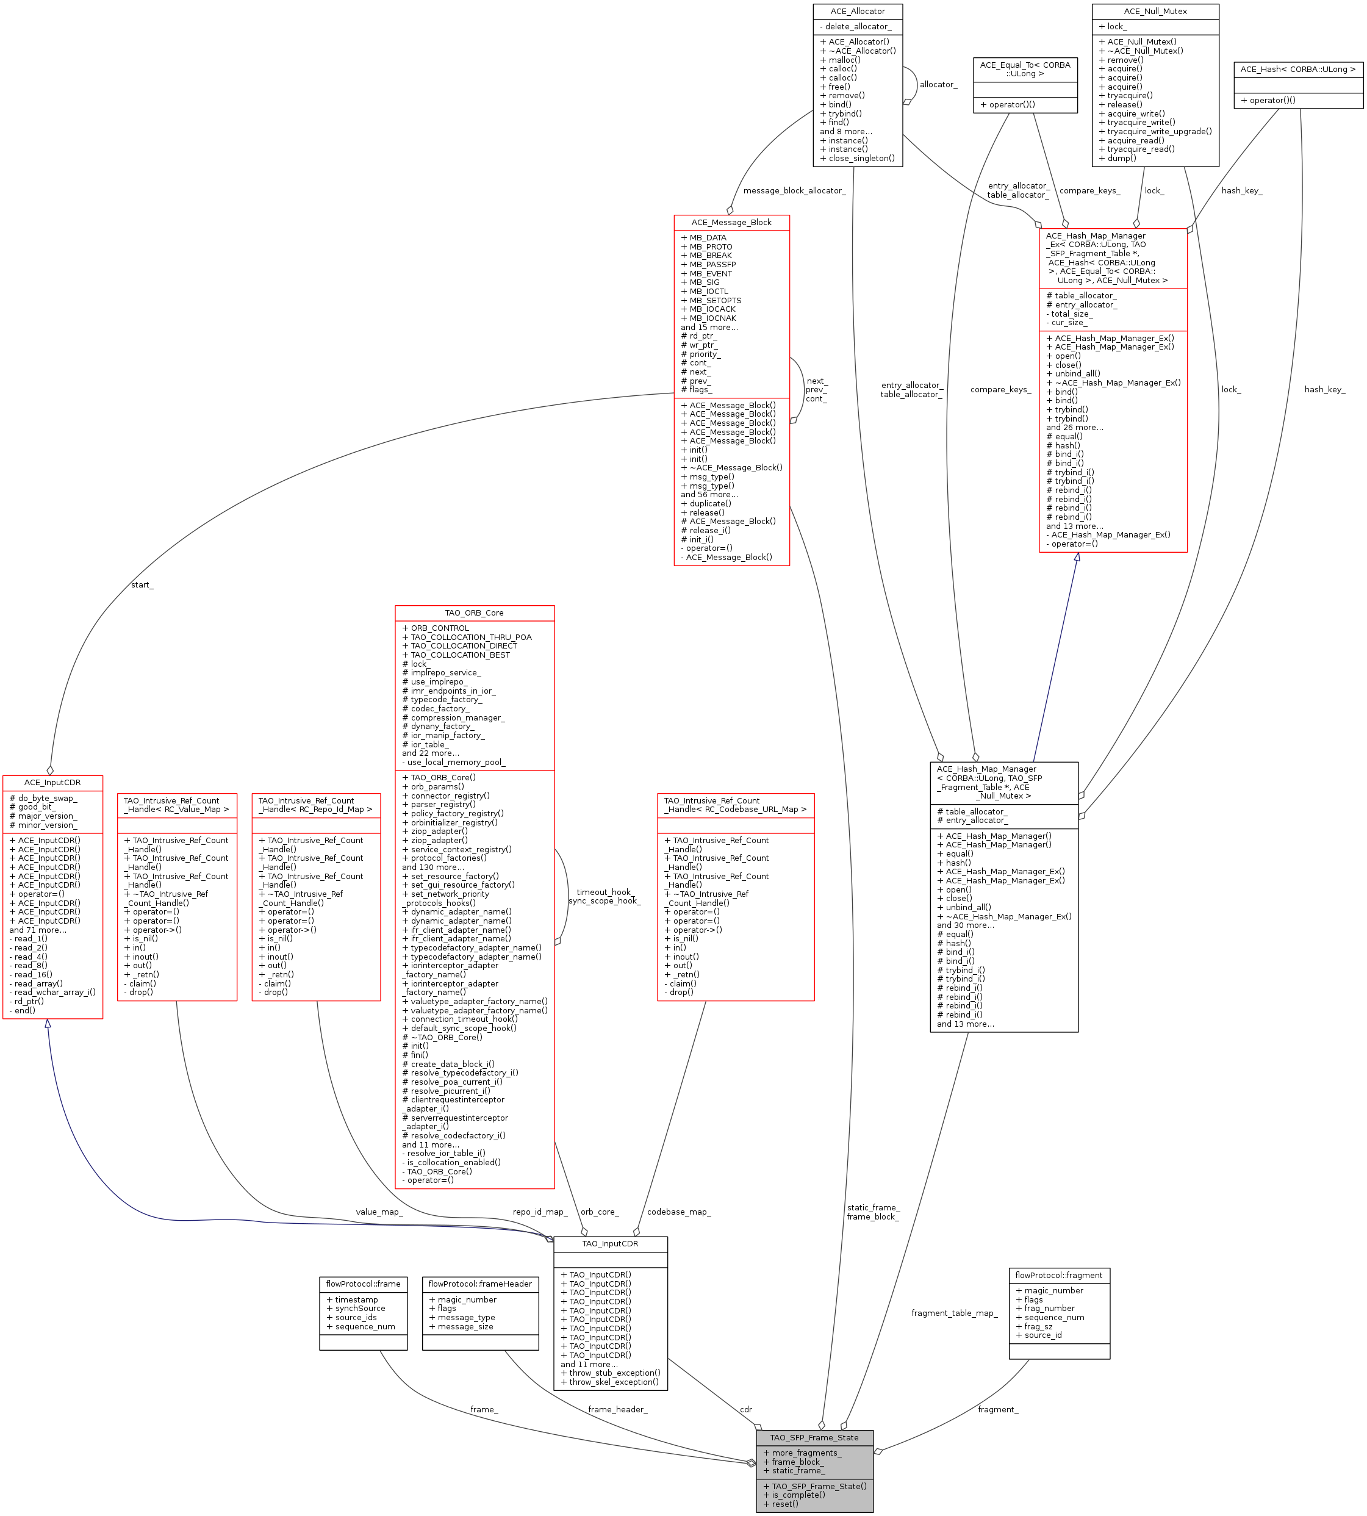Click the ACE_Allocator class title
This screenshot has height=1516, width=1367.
click(857, 11)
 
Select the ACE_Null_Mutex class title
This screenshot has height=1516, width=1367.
click(1155, 11)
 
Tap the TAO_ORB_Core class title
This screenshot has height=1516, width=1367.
click(474, 613)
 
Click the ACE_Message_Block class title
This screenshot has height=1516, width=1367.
click(731, 222)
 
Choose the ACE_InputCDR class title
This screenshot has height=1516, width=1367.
click(52, 783)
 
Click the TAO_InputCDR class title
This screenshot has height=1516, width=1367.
click(610, 1244)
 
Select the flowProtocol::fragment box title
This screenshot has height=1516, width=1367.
click(1058, 1276)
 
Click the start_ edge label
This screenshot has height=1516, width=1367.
click(142, 585)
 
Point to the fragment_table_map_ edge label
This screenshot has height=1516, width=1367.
click(954, 1313)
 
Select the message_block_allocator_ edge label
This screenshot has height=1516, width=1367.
click(794, 191)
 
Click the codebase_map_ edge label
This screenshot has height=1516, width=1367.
click(678, 1212)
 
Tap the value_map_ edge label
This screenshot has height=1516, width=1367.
click(379, 1212)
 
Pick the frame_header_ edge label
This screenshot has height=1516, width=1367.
click(617, 1409)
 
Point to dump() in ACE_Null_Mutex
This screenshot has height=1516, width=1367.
click(1117, 159)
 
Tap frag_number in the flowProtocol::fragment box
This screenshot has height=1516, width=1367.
click(1045, 1309)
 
